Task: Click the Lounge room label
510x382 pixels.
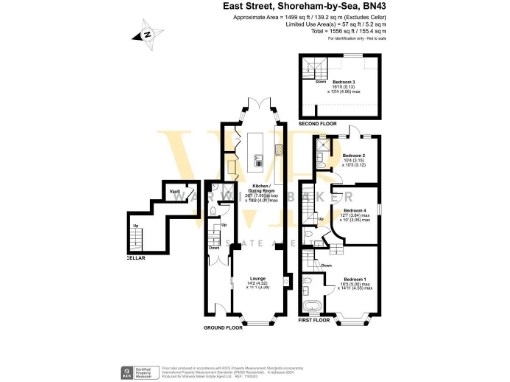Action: (256, 279)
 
